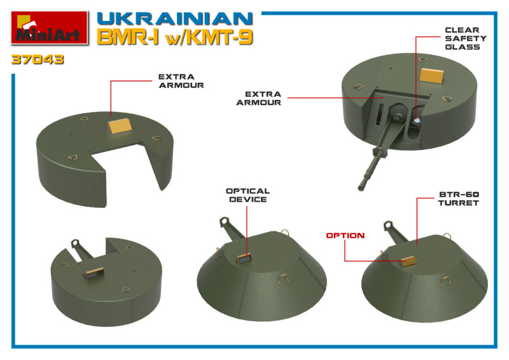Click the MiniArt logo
(50, 27)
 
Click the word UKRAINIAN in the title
(174, 19)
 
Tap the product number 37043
(38, 59)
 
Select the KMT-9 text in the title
(220, 37)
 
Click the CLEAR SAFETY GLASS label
(466, 38)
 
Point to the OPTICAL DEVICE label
(248, 195)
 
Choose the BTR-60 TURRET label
(459, 198)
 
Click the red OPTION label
(345, 235)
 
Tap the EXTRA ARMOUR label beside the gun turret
(259, 98)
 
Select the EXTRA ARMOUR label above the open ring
(181, 81)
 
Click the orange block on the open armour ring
(120, 125)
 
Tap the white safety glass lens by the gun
(417, 121)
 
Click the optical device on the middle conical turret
(244, 259)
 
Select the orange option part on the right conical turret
(409, 261)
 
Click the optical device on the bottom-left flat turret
(94, 273)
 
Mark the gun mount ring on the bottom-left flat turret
(75, 243)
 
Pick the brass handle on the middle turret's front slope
(283, 279)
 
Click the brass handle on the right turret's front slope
(445, 282)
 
